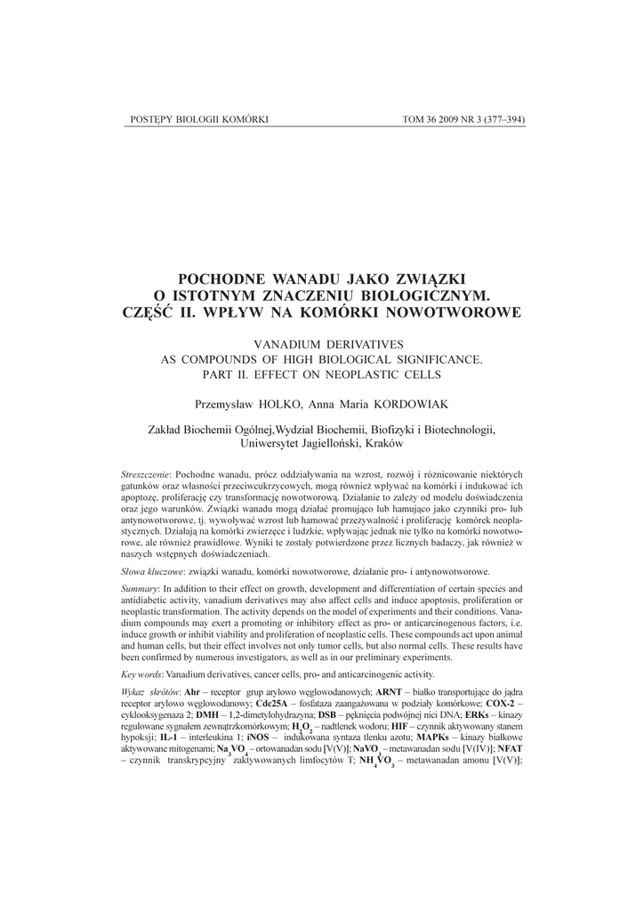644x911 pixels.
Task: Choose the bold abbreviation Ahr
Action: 191,691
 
